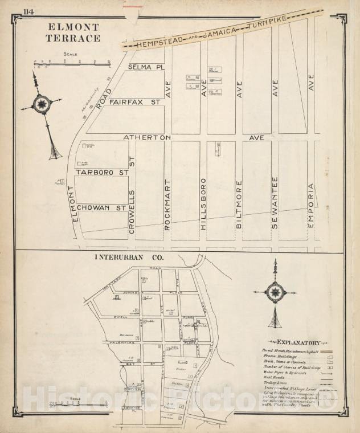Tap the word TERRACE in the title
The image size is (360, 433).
[73, 38]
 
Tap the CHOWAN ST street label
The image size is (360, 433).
[102, 208]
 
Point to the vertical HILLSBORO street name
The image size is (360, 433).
[203, 203]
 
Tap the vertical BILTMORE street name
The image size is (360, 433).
[239, 205]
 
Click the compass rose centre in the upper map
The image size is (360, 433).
[42, 104]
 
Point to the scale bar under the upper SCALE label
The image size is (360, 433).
[71, 62]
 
